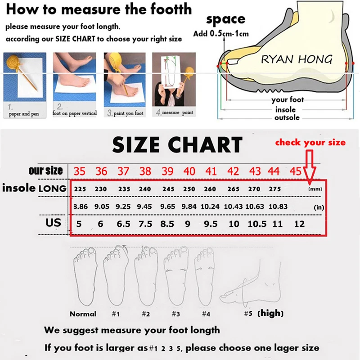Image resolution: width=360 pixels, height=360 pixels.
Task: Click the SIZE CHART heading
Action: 177,145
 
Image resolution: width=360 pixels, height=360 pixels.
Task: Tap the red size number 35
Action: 79,171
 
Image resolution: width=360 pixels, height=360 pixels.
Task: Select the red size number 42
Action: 233,171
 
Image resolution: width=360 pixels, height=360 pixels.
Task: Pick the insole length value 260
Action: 210,189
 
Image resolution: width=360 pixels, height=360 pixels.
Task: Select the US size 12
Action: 299,224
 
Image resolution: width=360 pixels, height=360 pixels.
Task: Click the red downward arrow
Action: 310,166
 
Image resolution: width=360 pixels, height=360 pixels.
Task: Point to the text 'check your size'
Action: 310,143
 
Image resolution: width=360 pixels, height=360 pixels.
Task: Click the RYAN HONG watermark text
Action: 297,59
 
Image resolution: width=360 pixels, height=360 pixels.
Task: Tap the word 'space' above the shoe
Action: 225,19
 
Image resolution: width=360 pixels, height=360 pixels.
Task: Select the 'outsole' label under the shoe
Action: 287,117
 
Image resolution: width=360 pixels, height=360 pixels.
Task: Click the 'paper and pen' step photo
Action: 25,79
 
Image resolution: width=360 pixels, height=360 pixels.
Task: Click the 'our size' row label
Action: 45,171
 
